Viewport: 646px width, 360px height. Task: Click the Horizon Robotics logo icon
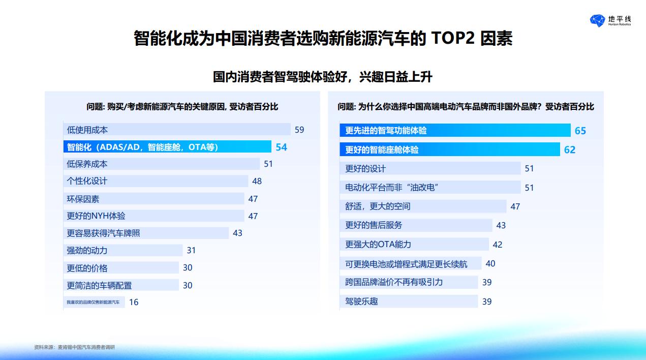click(597, 20)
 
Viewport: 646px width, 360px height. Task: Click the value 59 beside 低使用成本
click(299, 130)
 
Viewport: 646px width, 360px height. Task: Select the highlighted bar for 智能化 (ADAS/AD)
click(167, 146)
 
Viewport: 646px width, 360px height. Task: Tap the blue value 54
click(282, 147)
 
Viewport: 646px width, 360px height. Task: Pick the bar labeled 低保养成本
click(162, 164)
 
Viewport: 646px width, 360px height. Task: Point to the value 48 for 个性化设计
click(257, 181)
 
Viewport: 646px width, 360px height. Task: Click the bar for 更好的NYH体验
click(153, 216)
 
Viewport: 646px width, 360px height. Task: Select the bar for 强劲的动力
click(123, 250)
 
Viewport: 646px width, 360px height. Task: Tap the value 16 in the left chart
click(134, 302)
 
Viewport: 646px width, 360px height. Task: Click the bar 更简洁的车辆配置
click(121, 285)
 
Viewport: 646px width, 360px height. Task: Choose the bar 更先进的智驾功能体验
click(455, 130)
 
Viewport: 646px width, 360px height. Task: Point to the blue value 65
click(580, 131)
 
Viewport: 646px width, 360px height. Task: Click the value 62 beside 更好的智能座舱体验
click(570, 149)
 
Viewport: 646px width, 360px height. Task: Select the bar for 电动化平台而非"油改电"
click(430, 188)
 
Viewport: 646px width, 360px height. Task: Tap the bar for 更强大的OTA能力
click(414, 245)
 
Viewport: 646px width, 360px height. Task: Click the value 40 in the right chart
click(490, 263)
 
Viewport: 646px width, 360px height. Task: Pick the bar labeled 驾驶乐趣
click(409, 301)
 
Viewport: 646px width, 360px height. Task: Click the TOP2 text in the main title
click(453, 38)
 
